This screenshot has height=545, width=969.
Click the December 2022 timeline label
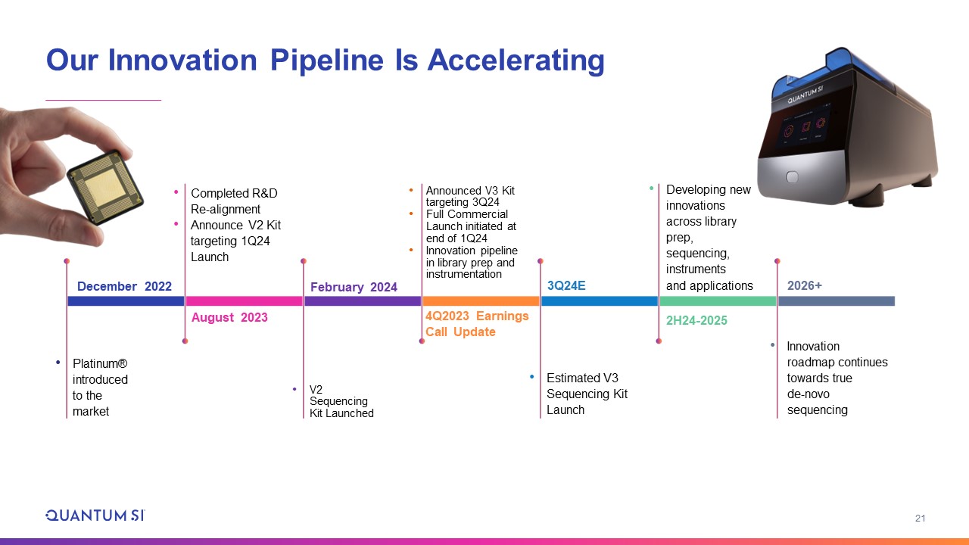[x=124, y=286]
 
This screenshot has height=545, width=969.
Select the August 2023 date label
[x=229, y=317]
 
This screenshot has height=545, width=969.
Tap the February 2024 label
[x=354, y=287]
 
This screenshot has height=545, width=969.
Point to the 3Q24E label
[x=566, y=285]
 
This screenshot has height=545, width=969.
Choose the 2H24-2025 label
[x=696, y=320]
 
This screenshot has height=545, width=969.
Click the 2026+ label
[x=804, y=285]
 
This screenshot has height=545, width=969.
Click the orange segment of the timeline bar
[x=481, y=301]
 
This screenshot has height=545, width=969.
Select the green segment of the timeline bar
[x=718, y=301]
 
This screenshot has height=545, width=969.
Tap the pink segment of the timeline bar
[x=244, y=301]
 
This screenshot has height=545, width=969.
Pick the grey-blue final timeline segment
[x=837, y=301]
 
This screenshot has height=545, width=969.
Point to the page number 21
[x=920, y=519]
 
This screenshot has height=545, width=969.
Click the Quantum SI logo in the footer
[x=95, y=515]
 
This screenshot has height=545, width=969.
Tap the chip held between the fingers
[x=105, y=187]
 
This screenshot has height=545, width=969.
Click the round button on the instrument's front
[x=792, y=177]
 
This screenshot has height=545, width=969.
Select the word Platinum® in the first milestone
[x=100, y=364]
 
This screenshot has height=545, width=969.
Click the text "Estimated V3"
[x=582, y=378]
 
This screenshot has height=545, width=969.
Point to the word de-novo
[x=808, y=394]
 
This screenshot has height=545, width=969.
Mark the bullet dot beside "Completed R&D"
[x=176, y=192]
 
